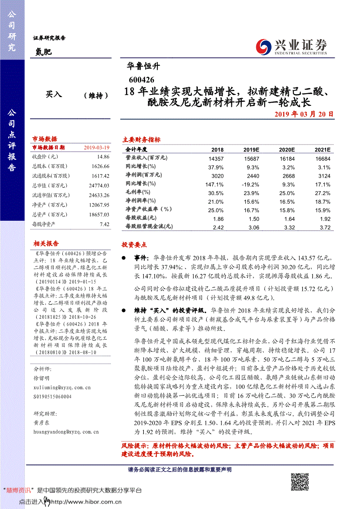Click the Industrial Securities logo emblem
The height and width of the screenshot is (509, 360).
coord(263,46)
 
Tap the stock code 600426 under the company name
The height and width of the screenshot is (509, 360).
coord(139,80)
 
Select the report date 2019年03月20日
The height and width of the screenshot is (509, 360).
coord(304,114)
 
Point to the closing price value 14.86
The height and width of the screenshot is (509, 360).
coord(103,156)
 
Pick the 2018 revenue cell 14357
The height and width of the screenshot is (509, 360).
coord(216,159)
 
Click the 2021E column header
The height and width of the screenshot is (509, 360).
coord(323,149)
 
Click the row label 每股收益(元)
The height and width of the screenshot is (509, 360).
coord(141,218)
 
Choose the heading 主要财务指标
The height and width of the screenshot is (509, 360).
coord(141,140)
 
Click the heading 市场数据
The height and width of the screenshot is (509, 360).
coord(44,139)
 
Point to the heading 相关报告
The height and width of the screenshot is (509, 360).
coord(46,243)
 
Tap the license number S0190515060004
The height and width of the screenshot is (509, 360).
coord(52,397)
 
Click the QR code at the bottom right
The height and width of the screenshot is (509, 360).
coord(299,483)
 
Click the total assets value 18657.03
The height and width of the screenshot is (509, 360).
coord(99,214)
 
